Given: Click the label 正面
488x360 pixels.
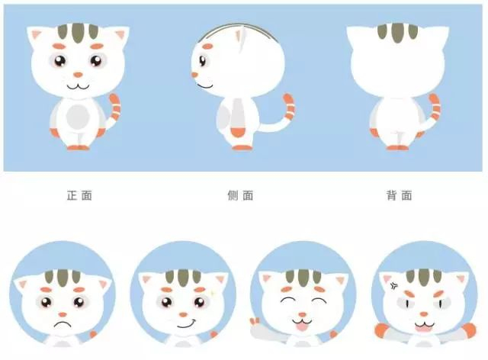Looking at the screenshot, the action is coord(79,195).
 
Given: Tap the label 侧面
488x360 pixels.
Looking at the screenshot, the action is coord(240,195).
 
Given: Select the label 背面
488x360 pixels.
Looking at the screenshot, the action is coord(400,195).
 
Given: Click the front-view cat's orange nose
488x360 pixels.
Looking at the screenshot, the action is coord(78,75).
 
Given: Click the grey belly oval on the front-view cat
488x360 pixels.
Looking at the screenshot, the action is coord(78,117).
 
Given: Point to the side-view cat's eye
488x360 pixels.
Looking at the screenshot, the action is coord(203,60).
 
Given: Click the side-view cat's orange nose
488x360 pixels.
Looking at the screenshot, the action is coord(194,75).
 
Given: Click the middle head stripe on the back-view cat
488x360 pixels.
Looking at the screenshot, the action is coord(397,33).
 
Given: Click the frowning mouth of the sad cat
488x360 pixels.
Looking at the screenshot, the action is coord(63,324).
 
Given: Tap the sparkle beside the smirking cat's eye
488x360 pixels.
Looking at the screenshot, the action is coord(213,294).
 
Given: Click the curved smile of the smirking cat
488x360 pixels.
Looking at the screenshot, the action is coord(186,324).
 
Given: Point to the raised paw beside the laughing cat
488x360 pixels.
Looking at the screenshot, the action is coord(255,321).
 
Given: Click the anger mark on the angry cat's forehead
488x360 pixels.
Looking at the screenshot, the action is coord(393,285).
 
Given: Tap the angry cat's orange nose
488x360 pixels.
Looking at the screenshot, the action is coord(423,314).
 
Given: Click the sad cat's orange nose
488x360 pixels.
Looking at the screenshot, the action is coord(63,314).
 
